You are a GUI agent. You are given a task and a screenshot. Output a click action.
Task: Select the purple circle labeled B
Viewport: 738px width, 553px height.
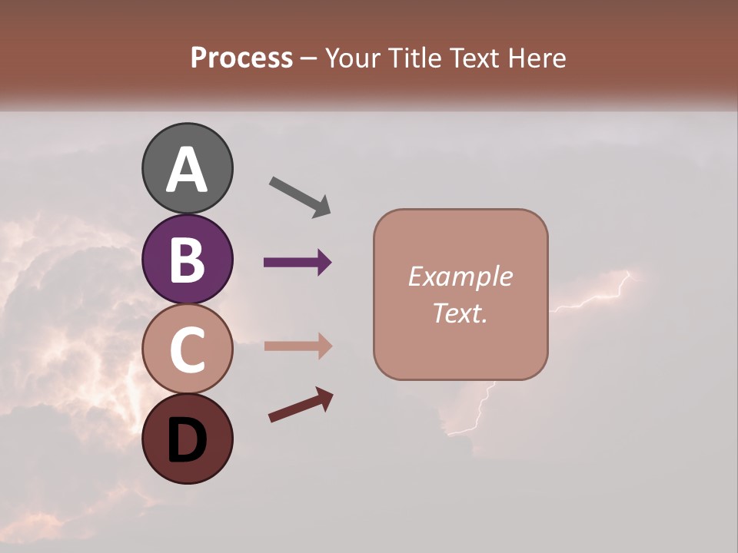(188, 259)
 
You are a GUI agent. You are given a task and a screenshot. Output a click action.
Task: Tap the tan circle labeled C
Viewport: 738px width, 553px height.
(188, 349)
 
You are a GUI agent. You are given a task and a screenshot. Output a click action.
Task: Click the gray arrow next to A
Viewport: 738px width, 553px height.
(300, 197)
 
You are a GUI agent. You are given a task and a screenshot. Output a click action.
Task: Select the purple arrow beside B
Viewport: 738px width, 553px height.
(298, 263)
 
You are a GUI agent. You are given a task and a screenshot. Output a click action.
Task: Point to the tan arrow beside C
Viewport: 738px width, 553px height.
(298, 346)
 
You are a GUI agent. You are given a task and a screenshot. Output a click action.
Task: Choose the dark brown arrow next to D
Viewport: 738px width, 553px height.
(301, 406)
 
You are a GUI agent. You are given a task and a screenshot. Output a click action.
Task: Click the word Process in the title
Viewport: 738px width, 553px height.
(241, 58)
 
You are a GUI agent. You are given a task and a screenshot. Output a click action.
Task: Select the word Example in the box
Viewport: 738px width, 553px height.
(460, 276)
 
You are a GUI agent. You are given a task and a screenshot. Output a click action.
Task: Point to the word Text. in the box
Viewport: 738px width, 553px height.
(460, 313)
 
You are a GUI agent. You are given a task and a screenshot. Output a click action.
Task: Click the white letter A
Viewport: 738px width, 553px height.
(188, 171)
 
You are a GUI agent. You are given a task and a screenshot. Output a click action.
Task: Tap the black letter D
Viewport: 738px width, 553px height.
(188, 441)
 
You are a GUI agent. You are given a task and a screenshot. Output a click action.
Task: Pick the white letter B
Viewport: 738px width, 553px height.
(188, 261)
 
